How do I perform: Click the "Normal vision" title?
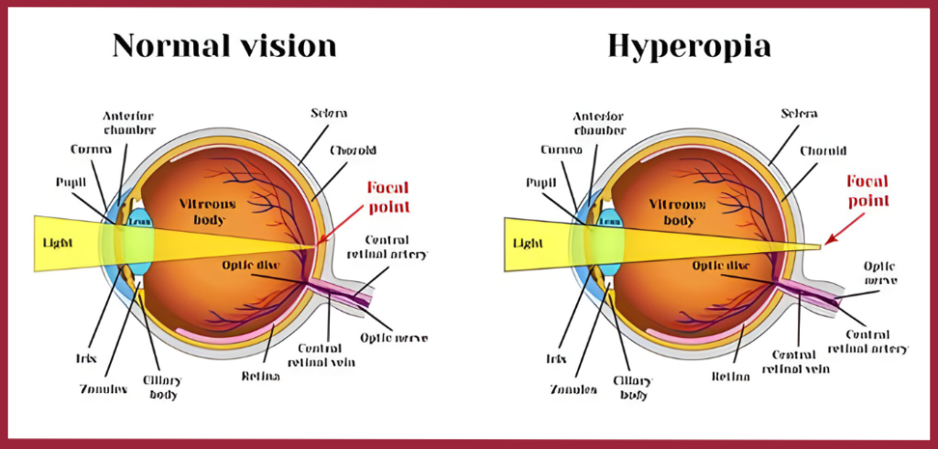(x=224, y=45)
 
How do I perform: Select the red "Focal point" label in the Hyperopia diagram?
(x=867, y=190)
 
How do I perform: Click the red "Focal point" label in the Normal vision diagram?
(x=387, y=195)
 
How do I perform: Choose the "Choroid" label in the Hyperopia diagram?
(x=823, y=150)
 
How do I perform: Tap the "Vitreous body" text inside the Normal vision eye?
(x=210, y=211)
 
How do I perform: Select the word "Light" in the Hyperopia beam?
(x=529, y=245)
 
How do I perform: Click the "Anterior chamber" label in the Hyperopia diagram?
(x=599, y=123)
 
